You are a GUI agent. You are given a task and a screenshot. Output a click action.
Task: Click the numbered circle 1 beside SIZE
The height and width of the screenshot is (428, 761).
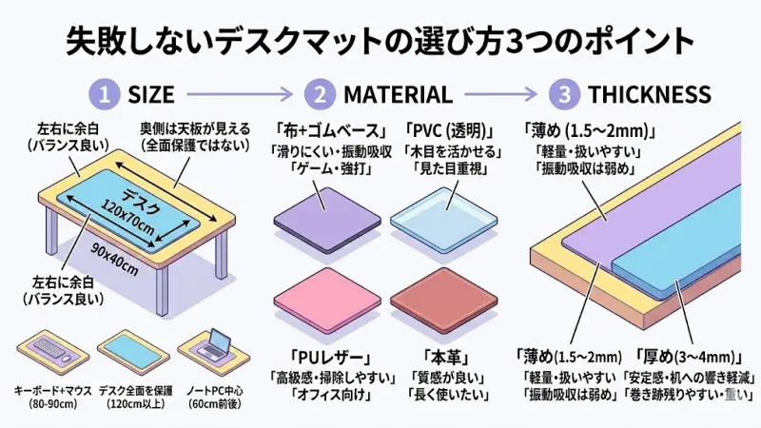tap(104, 94)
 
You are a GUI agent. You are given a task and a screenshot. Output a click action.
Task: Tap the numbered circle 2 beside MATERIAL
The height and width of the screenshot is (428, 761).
tap(320, 94)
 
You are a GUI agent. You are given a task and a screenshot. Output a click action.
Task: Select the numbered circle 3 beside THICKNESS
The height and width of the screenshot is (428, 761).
tap(564, 94)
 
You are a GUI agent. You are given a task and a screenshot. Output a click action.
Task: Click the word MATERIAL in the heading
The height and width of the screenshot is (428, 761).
tap(398, 94)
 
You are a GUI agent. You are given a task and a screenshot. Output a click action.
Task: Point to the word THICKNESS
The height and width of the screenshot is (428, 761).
tap(650, 94)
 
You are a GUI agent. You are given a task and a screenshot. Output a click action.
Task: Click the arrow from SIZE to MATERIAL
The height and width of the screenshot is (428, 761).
tap(241, 94)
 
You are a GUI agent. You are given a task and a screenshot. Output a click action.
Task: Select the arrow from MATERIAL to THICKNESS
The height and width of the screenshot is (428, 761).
tap(501, 94)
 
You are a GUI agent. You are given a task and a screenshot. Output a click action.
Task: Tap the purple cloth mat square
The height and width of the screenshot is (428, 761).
tap(327, 220)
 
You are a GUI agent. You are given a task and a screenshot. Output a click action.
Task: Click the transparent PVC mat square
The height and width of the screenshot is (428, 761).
tap(444, 221)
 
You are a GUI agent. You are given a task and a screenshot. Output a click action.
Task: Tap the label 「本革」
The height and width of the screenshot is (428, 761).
tap(445, 358)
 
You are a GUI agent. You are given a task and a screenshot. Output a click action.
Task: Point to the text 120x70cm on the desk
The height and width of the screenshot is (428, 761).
tap(127, 218)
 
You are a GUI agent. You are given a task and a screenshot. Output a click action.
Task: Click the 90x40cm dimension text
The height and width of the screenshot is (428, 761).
tap(115, 259)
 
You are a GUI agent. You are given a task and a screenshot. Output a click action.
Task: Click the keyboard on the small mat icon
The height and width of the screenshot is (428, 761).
tap(47, 347)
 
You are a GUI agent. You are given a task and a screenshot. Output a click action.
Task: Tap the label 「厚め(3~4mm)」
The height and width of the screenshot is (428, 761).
tap(689, 358)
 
